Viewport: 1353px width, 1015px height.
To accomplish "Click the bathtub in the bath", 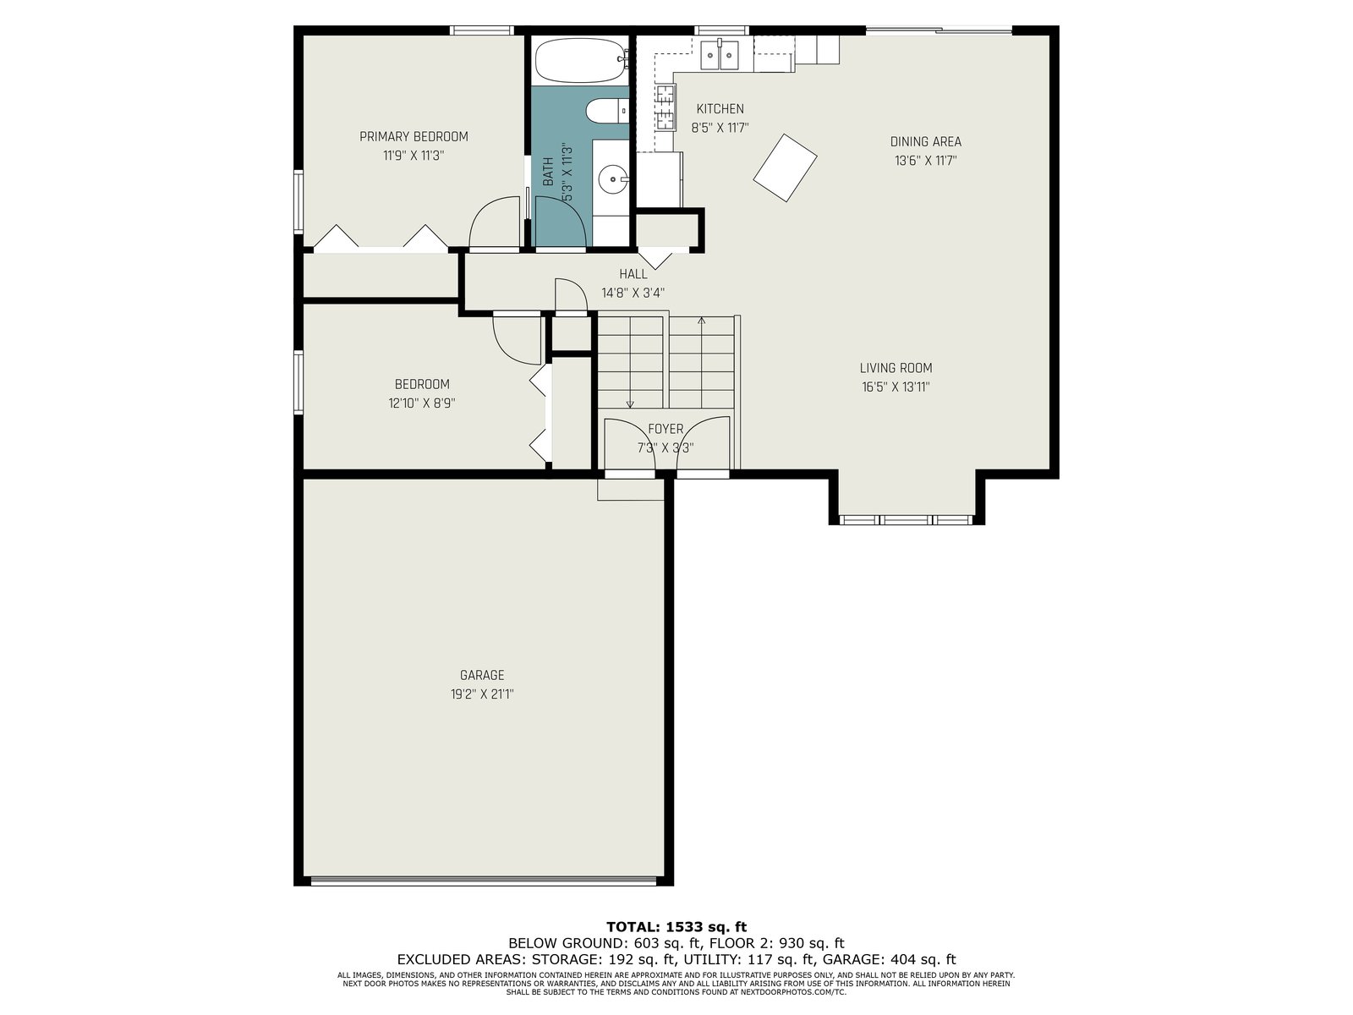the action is pos(580,60).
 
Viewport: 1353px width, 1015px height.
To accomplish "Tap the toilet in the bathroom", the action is pos(607,111).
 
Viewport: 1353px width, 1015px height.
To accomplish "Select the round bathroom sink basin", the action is pos(613,179).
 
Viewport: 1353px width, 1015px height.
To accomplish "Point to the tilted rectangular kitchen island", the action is pos(785,167).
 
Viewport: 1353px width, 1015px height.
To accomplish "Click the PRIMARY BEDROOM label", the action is pos(414,137).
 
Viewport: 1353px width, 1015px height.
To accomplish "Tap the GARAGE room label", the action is pos(482,675).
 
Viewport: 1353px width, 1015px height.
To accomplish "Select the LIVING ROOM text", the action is pos(896,368).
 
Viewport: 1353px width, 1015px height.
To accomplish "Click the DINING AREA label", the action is pos(925,142).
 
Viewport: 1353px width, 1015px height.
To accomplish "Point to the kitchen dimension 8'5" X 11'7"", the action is pos(720,129).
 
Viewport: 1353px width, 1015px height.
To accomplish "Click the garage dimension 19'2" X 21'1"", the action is pos(482,694).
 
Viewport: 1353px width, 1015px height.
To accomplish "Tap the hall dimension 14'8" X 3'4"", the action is pos(633,294).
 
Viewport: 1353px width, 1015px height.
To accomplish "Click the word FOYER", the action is pos(666,429).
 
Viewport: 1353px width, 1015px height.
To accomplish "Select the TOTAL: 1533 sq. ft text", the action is pos(676,927).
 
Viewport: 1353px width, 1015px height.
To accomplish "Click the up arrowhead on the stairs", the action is pos(702,321).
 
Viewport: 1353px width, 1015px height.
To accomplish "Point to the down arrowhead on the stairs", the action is pos(630,404).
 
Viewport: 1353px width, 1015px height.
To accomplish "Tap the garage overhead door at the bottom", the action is pos(484,882).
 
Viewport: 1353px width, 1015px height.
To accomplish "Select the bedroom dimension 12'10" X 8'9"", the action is pos(422,403).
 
